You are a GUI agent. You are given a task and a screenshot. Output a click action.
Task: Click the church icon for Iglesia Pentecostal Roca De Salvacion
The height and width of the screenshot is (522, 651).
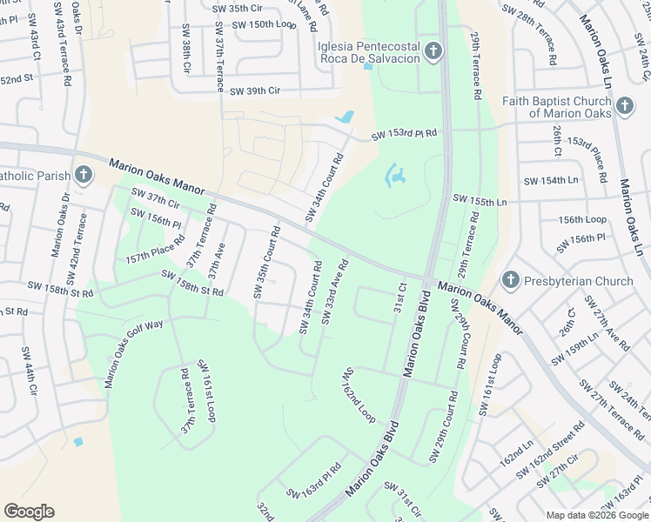(433, 54)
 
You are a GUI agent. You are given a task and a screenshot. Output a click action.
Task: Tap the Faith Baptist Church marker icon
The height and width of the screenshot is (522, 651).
(623, 106)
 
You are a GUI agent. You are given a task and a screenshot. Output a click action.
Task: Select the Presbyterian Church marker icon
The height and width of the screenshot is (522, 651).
(511, 281)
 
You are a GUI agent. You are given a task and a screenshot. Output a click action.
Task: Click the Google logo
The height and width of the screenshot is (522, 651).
(29, 512)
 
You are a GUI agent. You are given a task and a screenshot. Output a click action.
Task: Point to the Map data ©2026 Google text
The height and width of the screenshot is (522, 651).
(597, 514)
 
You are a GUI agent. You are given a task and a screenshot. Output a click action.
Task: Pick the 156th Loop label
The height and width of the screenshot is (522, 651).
(582, 220)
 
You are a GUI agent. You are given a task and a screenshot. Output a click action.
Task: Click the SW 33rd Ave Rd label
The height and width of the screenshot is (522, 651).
(335, 292)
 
